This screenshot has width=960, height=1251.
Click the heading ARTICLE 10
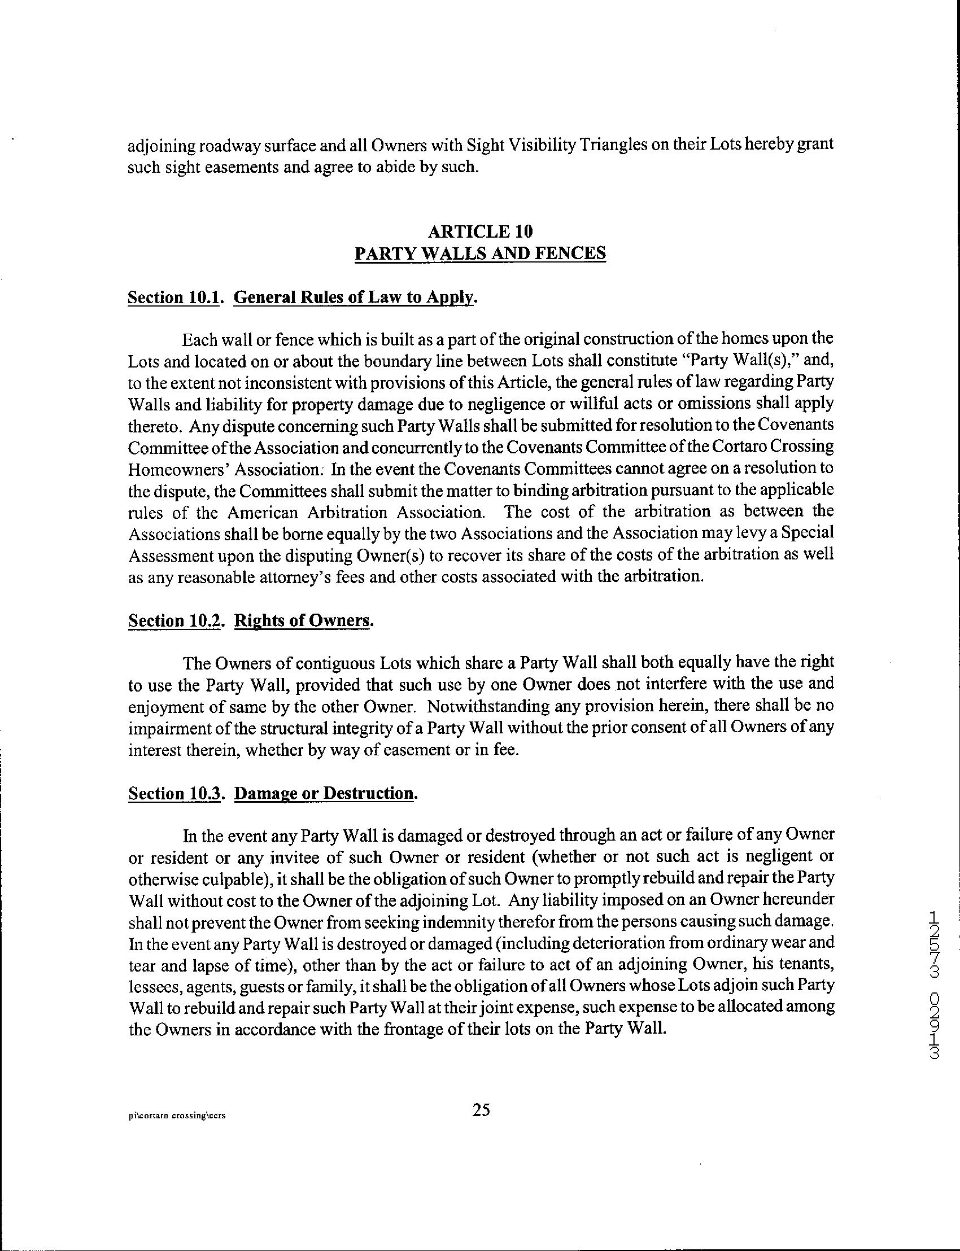pos(480,231)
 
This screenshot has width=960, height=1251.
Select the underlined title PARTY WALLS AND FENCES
pos(480,253)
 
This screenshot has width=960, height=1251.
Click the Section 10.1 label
pos(174,298)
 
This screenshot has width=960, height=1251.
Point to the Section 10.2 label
pos(174,620)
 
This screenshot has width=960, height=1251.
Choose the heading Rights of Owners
pos(303,620)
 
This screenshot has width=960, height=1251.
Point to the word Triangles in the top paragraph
pos(614,146)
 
